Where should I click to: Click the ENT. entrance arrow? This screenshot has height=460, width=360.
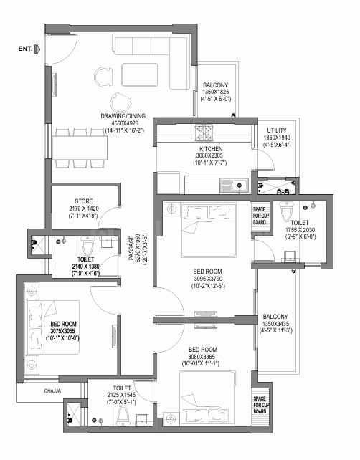pos(37,49)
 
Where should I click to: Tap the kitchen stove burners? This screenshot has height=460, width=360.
pos(204,133)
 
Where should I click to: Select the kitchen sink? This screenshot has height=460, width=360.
pos(235,186)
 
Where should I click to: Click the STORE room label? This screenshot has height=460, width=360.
pos(84,201)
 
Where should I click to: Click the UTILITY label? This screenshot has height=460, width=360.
pos(277,130)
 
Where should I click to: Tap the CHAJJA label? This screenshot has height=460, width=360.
pos(52,390)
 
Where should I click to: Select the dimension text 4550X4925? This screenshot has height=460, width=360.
pos(125,123)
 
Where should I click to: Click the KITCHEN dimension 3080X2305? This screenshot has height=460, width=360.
pos(209,155)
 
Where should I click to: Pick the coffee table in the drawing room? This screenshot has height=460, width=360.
pos(140,75)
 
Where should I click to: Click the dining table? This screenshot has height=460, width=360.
pos(80,148)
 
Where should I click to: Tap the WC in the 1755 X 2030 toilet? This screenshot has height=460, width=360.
pos(285,211)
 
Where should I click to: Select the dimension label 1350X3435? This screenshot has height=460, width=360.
pos(275,324)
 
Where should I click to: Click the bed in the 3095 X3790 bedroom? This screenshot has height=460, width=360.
pos(209,230)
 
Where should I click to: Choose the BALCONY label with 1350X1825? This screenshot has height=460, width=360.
pos(216,85)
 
